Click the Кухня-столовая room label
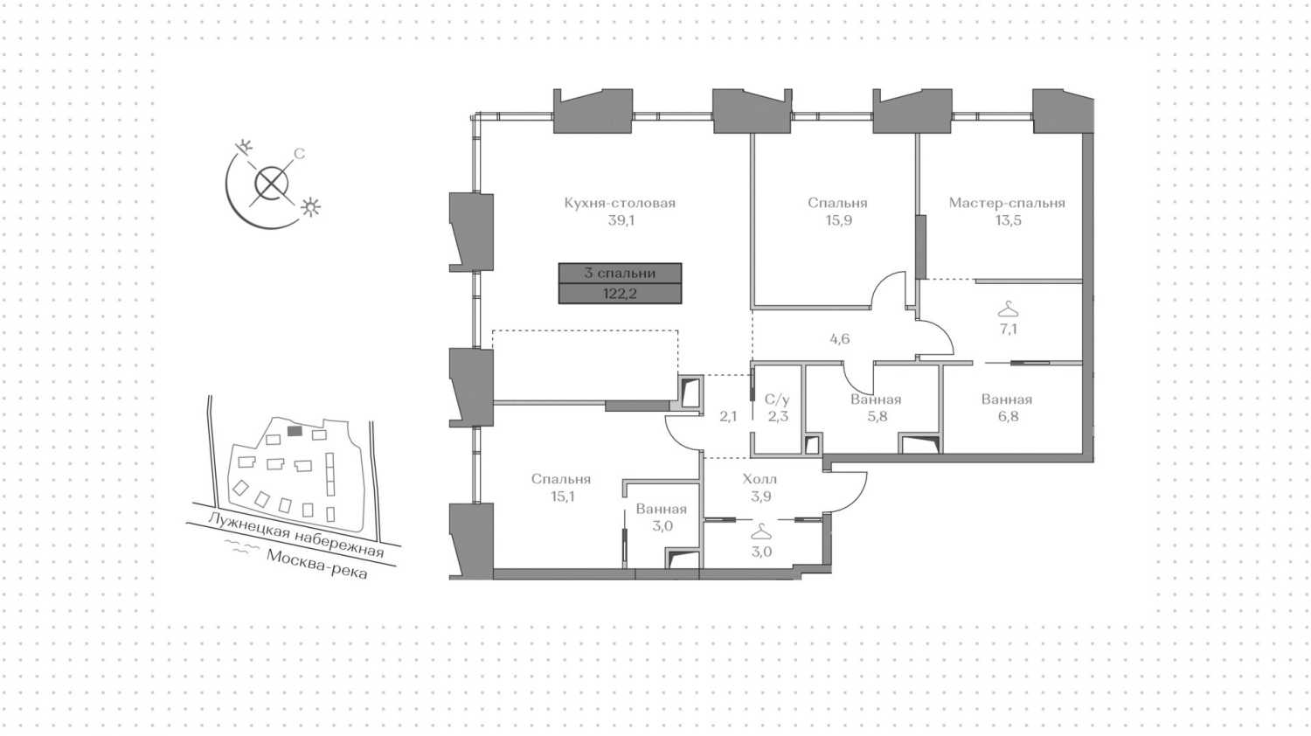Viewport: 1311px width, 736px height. [x=620, y=203]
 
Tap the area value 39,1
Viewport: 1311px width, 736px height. [x=621, y=221]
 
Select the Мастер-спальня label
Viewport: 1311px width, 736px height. [x=1007, y=203]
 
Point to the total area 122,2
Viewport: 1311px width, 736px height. [x=620, y=294]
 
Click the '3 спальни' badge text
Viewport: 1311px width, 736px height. [x=620, y=273]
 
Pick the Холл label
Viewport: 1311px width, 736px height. [x=760, y=480]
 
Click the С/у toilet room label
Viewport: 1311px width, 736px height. [x=777, y=400]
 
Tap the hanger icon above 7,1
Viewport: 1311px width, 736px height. [x=1008, y=309]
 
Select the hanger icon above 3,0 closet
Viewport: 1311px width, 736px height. [x=760, y=532]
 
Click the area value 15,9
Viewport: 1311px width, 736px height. [x=838, y=221]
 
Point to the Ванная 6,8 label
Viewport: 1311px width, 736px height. [x=1007, y=408]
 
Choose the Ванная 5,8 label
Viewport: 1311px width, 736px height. [x=876, y=408]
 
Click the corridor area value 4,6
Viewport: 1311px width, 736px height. [x=839, y=339]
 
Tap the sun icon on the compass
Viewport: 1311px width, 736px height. [x=310, y=207]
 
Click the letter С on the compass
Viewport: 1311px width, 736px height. [x=299, y=154]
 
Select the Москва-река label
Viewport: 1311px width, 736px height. [x=317, y=564]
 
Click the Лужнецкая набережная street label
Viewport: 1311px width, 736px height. [x=296, y=535]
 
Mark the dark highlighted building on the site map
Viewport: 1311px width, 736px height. [x=295, y=431]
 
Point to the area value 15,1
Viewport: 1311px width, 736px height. [x=562, y=497]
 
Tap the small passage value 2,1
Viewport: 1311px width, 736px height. [x=728, y=416]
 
